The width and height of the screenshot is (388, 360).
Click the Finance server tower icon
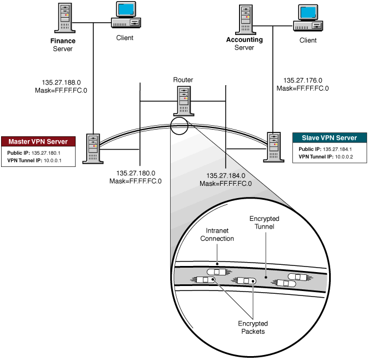[66, 18]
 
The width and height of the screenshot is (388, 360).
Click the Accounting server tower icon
[245, 18]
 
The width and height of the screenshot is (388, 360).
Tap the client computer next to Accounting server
[307, 17]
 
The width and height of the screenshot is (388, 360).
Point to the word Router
[183, 80]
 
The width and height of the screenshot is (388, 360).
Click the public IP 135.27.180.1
[46, 152]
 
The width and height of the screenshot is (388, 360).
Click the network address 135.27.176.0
[302, 80]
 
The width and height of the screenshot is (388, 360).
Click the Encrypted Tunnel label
[265, 223]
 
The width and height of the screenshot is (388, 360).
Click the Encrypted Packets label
[253, 327]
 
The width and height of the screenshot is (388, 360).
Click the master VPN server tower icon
[91, 147]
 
